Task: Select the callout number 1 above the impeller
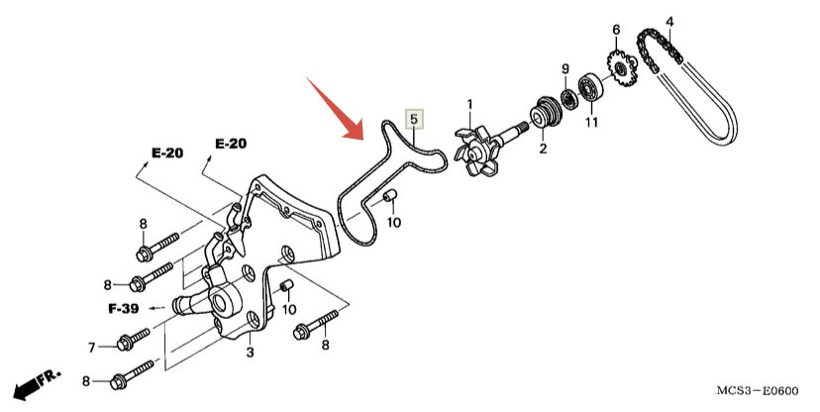click(469, 104)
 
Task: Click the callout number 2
click(543, 150)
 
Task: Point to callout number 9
click(565, 69)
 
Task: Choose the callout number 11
click(591, 123)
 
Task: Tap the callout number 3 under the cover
click(250, 353)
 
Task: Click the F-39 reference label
click(123, 308)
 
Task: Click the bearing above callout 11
click(592, 87)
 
